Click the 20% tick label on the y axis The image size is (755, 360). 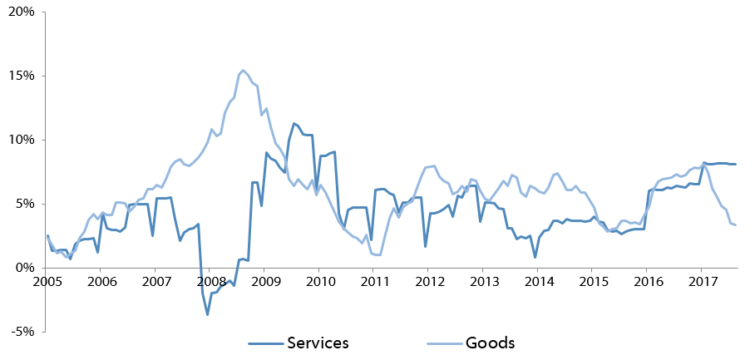coord(21,12)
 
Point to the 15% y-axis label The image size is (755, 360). coord(21,76)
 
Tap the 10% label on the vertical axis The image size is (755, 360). coord(21,140)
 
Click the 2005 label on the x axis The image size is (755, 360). coord(47,281)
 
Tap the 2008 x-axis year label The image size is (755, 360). coord(210,281)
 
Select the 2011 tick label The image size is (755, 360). coord(373,281)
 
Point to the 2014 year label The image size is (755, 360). coord(537,281)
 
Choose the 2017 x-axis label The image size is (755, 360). coord(701,281)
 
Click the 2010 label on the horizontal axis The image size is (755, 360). coord(318,281)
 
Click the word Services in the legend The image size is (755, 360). coord(318,343)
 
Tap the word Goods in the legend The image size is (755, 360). coord(490,343)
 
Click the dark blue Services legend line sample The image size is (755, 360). coord(265,343)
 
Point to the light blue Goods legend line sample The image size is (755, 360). coord(443,343)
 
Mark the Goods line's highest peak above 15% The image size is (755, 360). coord(243,71)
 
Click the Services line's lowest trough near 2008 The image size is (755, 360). coord(208,314)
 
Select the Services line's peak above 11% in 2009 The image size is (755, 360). coord(294,124)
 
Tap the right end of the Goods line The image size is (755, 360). coord(736,224)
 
